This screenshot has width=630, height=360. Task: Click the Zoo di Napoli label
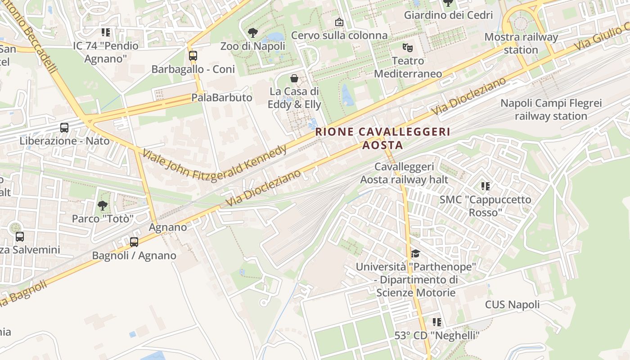click(x=252, y=46)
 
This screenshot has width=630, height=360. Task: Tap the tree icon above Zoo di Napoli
click(x=252, y=32)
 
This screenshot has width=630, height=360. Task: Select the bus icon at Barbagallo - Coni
click(x=193, y=56)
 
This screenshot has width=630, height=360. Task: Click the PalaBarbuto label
click(x=221, y=97)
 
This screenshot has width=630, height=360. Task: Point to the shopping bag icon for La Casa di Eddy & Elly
click(x=294, y=78)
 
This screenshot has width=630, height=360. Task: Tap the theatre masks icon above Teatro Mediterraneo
click(x=408, y=47)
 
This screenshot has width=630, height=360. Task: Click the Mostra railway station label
click(x=521, y=43)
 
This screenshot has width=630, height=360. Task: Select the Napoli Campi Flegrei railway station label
click(x=551, y=110)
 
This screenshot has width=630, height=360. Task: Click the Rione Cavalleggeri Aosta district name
click(x=383, y=138)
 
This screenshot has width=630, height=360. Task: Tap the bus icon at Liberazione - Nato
click(x=64, y=128)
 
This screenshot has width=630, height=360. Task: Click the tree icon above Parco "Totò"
click(x=103, y=206)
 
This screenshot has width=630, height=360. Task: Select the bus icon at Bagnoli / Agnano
click(x=134, y=242)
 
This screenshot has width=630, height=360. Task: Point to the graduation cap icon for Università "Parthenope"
click(x=415, y=254)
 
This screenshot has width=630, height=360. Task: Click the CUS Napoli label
click(x=512, y=305)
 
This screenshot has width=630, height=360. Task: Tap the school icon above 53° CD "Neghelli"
click(x=436, y=322)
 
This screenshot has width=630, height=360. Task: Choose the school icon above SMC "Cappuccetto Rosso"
click(x=485, y=186)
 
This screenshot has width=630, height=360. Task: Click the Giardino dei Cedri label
click(x=448, y=15)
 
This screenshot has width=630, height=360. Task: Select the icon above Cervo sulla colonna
click(x=339, y=22)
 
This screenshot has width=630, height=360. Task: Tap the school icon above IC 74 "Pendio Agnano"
click(x=106, y=32)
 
